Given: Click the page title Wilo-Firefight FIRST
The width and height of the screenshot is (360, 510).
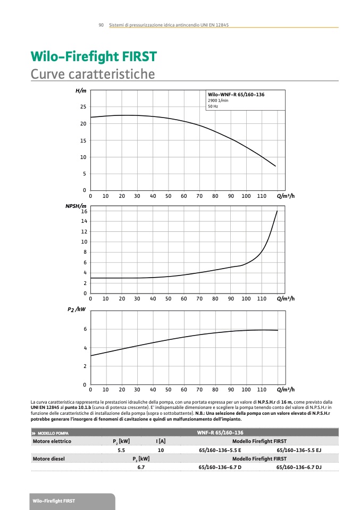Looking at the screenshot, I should coord(94,57).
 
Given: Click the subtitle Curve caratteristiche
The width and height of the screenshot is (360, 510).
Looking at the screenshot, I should coord(93,73).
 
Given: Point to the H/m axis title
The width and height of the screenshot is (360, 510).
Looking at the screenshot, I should coord(81,91).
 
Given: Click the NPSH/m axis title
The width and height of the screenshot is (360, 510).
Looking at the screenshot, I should coord(76,206).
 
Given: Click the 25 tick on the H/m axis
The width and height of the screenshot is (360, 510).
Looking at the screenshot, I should coord(82,107).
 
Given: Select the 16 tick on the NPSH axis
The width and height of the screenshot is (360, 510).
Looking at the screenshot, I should coord(83,212).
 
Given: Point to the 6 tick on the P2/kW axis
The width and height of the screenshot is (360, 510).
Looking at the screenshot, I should coord(85,330).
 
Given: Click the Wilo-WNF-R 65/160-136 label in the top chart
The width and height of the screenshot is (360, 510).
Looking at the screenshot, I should coord(236,94).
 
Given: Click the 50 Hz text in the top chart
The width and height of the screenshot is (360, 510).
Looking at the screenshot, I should coord(213,106).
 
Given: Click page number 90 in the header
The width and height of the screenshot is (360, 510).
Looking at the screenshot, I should coord(101,25).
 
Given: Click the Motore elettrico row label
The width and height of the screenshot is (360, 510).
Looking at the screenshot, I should coord(52,441).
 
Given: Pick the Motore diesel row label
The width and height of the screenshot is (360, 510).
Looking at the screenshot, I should coord(49,458).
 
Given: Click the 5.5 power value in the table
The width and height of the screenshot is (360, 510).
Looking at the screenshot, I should coord(121,450).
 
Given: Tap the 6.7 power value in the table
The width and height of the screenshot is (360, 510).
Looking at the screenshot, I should coord(141,467).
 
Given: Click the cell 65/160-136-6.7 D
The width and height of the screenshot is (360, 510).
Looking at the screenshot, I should coord(220,467).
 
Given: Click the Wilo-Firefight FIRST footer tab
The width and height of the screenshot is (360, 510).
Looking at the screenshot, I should coord(54,501).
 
